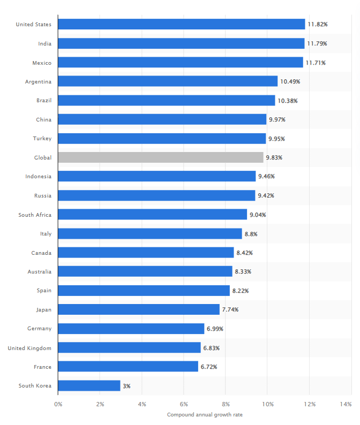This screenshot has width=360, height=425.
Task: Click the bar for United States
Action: point(181,24)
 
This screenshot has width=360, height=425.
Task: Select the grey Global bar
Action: point(161,157)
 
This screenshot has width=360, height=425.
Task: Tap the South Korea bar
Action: point(89,385)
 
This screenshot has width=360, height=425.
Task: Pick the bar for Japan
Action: point(138,309)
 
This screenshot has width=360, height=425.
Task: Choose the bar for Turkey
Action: point(162,139)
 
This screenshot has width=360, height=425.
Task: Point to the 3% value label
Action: point(126,386)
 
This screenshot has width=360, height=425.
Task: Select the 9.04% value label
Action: point(258,215)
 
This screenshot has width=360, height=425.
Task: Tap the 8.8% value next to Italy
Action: point(251,234)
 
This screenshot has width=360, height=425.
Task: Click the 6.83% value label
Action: point(211,348)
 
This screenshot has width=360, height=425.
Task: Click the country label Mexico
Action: point(42,63)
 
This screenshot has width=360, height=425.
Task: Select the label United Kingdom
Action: point(29,348)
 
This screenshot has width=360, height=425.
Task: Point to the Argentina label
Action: point(38,81)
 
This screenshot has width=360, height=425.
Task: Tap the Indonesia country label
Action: point(39,176)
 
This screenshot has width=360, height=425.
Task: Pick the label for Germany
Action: point(40,329)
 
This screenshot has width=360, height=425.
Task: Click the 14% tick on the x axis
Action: point(346,404)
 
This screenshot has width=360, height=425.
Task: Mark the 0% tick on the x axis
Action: point(58,404)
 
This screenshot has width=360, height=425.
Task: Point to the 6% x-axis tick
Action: point(184,404)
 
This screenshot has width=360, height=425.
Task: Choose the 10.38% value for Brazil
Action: point(287,101)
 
